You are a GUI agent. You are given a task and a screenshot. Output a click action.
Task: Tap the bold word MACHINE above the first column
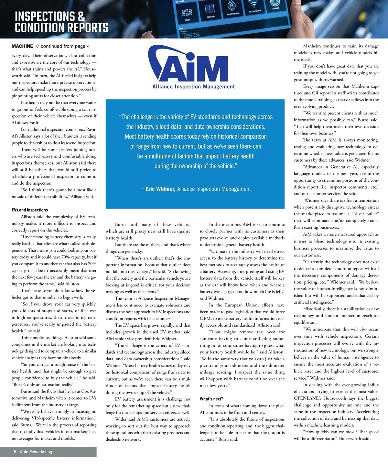22,46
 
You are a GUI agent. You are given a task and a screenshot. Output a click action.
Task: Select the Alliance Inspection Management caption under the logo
194,87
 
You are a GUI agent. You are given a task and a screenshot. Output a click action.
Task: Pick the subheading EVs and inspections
30,210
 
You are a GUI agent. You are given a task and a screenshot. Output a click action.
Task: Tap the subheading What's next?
211,399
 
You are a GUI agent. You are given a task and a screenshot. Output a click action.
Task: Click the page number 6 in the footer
15,452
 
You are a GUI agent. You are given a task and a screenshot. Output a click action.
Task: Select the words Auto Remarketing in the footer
36,452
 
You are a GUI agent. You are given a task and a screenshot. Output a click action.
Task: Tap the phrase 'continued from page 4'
65,46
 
